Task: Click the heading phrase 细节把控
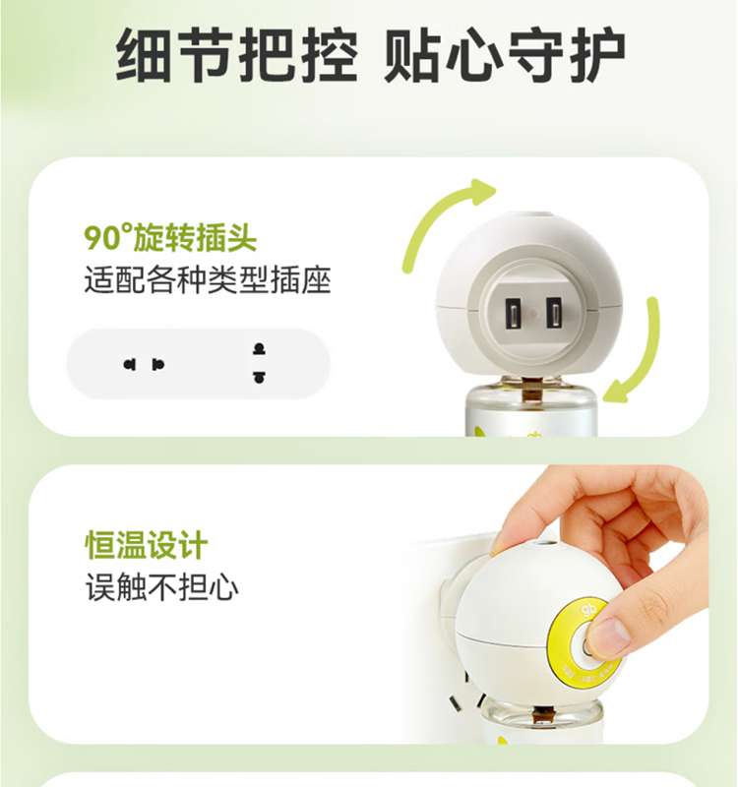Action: (x=236, y=55)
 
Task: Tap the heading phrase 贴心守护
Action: (x=504, y=55)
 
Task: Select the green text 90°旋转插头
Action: (x=169, y=237)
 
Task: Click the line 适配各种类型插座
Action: (x=207, y=279)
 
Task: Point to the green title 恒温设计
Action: (x=146, y=545)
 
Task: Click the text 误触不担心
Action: (x=161, y=586)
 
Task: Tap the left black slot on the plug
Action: (x=513, y=314)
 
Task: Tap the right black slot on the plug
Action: (x=554, y=314)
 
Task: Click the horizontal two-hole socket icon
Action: (x=144, y=364)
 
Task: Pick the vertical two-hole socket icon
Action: (x=259, y=363)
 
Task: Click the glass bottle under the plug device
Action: (x=531, y=410)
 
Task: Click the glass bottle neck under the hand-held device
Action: (x=541, y=711)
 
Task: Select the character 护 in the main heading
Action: (x=597, y=55)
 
